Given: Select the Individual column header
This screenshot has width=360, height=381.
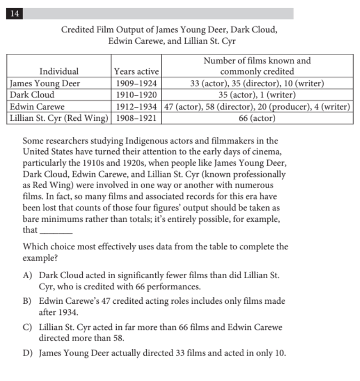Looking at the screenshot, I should tap(59, 71).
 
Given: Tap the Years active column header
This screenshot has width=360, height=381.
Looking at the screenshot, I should tap(137, 71).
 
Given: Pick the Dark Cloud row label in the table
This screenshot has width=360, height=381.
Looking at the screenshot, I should tap(31, 95).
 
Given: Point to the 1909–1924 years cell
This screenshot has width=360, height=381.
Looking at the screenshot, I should tap(137, 83).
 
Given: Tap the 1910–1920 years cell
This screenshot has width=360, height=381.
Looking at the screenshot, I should tap(137, 95).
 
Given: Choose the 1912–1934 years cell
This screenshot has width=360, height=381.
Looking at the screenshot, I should tap(137, 107).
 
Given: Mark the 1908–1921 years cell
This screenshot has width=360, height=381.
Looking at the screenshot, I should tap(137, 118).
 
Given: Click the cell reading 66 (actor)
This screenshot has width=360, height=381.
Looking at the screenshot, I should tap(257, 118).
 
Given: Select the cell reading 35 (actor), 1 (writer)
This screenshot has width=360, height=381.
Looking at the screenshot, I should tap(257, 95).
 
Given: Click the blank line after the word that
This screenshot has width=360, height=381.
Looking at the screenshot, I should tap(56, 230).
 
